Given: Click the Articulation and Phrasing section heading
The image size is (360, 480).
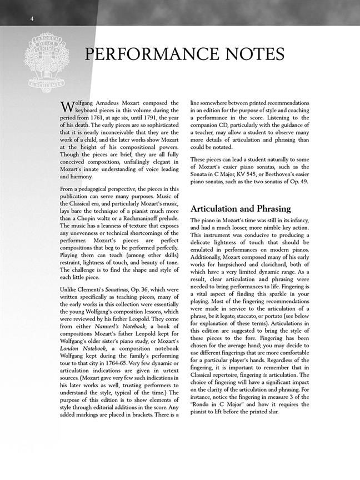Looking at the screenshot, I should (241, 209).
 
